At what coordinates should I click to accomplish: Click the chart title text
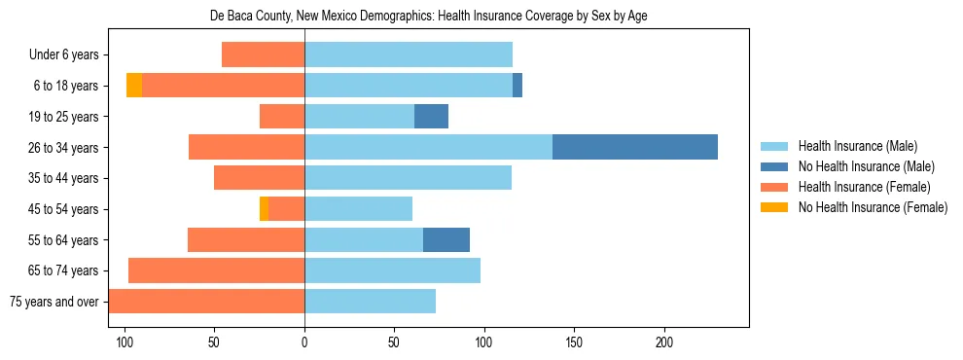[429, 17]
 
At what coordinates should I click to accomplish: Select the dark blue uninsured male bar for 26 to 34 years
[635, 147]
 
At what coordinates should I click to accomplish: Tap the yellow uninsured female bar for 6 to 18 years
[134, 86]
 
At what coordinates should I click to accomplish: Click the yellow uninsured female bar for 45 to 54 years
[264, 208]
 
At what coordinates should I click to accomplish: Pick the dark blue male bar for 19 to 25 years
[431, 117]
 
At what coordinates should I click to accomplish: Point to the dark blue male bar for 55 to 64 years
[446, 239]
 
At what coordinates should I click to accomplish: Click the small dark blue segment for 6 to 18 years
[517, 86]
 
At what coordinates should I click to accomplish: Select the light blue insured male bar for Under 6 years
[409, 54]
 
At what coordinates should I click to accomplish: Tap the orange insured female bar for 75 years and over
[206, 301]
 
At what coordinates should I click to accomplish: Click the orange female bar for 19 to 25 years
[282, 117]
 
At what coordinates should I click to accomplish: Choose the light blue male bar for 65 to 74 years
[392, 270]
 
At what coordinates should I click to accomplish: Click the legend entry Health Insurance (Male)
[857, 146]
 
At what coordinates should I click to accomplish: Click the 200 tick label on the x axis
[664, 342]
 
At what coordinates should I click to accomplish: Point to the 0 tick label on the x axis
[304, 342]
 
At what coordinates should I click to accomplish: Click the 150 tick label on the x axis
[574, 342]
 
